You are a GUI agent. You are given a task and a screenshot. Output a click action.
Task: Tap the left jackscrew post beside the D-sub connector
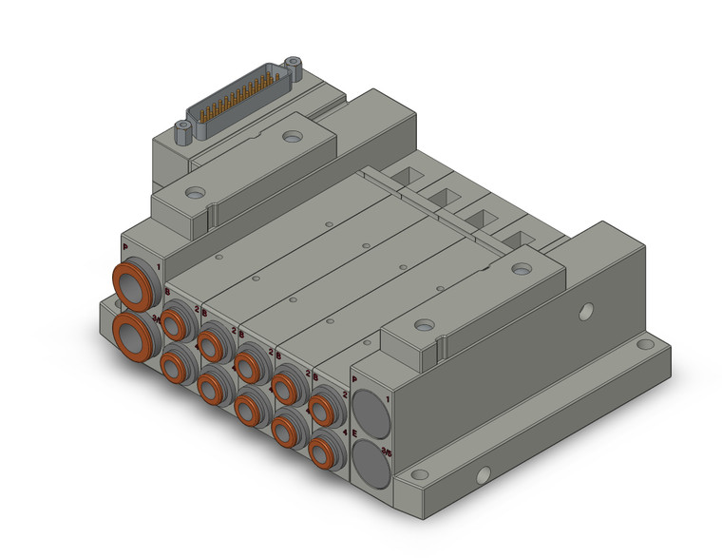183,132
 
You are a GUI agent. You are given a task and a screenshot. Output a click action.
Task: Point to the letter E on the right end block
355,433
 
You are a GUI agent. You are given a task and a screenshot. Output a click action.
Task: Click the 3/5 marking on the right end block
385,453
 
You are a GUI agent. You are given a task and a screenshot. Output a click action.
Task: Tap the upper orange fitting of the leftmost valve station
175,322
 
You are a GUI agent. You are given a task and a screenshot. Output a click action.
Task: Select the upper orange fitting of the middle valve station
250,363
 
